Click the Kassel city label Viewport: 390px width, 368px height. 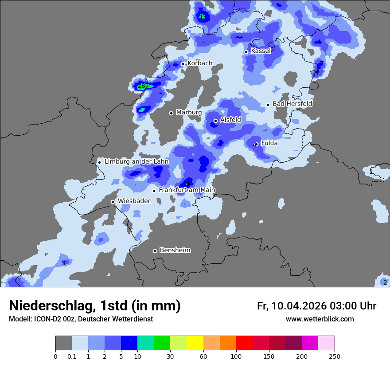click(261, 51)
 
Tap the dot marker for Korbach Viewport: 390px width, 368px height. click(183, 64)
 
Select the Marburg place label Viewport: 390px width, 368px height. click(189, 113)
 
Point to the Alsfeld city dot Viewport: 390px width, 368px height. click(216, 121)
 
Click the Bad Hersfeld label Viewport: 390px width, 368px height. click(292, 104)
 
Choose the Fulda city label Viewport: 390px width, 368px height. click(269, 143)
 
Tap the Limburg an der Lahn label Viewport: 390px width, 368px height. click(136, 162)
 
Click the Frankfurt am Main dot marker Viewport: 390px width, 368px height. click(154, 191)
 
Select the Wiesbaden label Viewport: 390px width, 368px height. click(135, 201)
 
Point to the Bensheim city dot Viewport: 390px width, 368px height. click(155, 251)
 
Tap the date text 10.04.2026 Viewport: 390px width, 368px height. click(299, 306)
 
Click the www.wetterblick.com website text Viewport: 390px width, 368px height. click(320, 319)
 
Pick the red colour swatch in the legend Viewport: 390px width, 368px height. click(244, 343)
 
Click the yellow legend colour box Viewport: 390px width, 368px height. click(195, 343)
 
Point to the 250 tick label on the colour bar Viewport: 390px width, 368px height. click(335, 356)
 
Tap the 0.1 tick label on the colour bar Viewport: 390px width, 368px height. click(72, 356)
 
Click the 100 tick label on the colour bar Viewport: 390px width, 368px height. click(236, 356)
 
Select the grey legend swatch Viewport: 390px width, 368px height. click(63, 343)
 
